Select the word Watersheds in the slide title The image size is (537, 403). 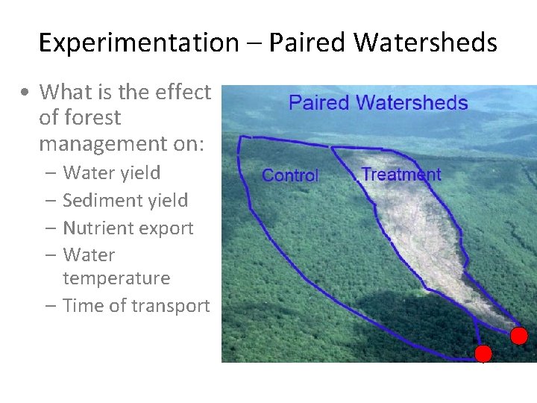point(425,43)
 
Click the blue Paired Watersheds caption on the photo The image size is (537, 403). point(378,103)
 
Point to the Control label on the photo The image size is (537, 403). point(290,176)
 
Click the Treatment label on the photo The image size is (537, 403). point(401,175)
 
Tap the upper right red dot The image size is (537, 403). point(519,336)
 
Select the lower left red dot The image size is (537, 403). point(483,353)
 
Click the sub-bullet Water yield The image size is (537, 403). point(111,173)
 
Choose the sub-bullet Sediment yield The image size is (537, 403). point(125,201)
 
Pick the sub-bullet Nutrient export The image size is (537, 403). point(128,228)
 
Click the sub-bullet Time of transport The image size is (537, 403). point(136,306)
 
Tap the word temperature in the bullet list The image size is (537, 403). point(116,278)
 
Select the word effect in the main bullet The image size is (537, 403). point(183,93)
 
